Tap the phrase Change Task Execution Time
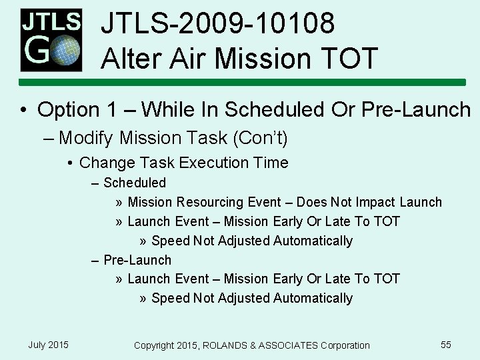pos(183,163)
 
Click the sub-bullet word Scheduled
pos(134,183)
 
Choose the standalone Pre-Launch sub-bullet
pos(137,260)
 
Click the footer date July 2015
pos(48,345)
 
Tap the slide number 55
pos(446,345)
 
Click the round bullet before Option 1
pos(23,110)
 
